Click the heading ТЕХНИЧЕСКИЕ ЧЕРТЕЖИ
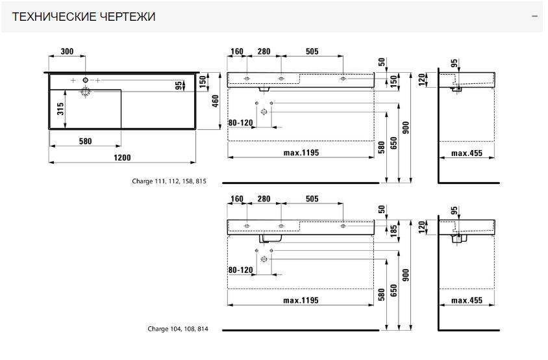(x=84, y=16)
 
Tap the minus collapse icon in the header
(x=534, y=16)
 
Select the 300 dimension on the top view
(x=66, y=51)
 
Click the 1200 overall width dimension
(x=123, y=158)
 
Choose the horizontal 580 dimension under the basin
(x=85, y=140)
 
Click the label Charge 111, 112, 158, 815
(x=169, y=181)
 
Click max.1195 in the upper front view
(x=301, y=153)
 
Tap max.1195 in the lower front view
(x=301, y=300)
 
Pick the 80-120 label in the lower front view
(x=240, y=270)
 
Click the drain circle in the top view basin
(x=85, y=92)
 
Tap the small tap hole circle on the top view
(x=85, y=81)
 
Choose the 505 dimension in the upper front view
(x=312, y=51)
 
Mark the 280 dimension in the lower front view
(x=264, y=199)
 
